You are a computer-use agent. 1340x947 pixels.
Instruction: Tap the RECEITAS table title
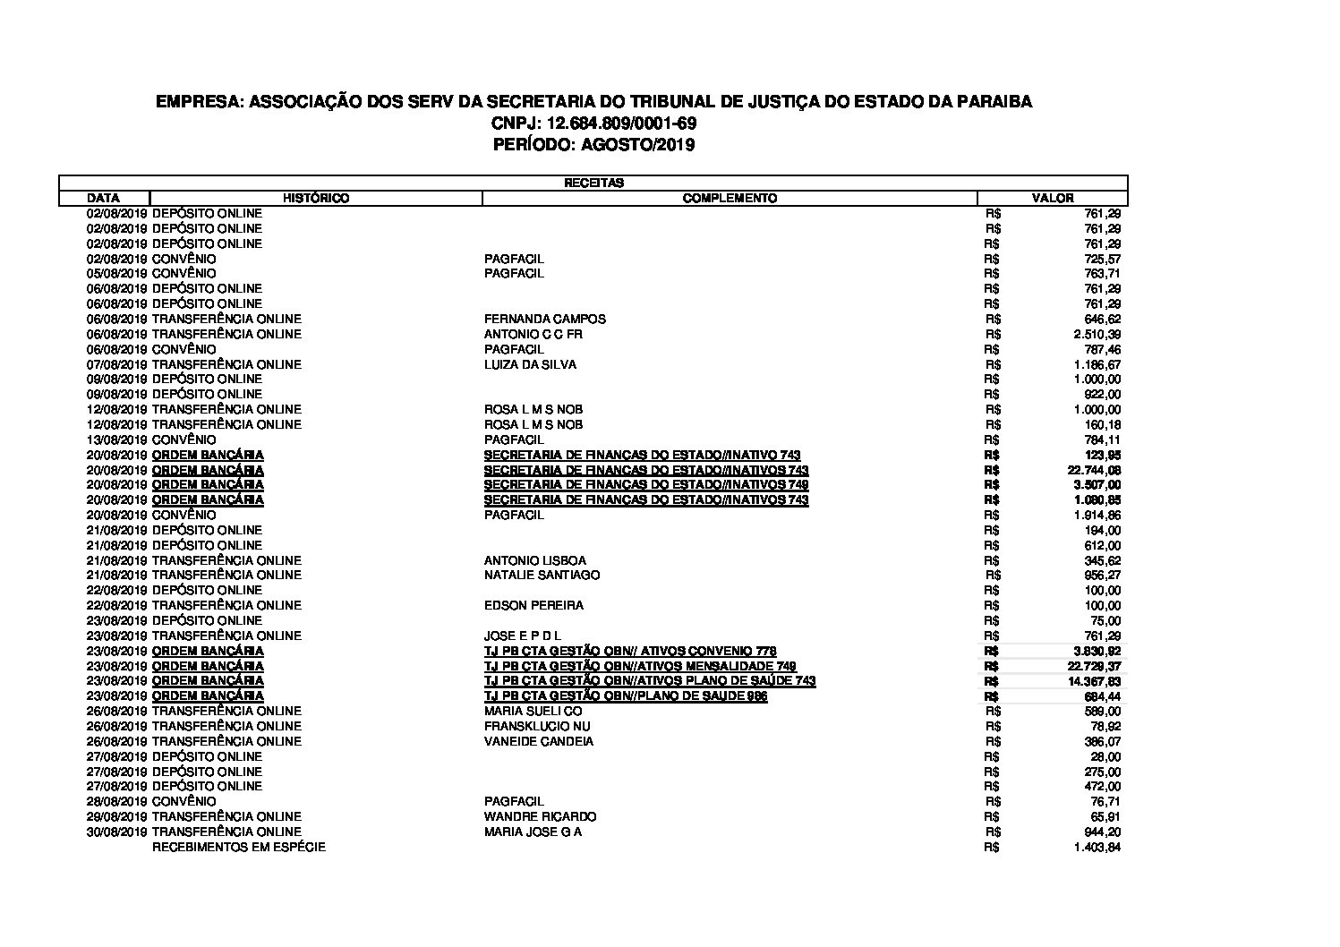click(593, 183)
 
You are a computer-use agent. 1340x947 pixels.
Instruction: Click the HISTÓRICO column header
click(316, 198)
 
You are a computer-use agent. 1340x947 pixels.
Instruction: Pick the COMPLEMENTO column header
click(730, 198)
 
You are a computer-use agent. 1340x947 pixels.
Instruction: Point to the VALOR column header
click(1053, 198)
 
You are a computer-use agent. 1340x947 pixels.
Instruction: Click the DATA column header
click(104, 198)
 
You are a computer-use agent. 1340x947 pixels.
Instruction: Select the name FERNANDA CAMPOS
click(544, 319)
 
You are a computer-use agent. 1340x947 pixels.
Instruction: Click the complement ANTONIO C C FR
click(533, 334)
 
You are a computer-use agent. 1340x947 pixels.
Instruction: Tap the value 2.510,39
click(1097, 334)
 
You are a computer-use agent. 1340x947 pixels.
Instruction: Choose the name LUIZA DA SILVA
click(530, 364)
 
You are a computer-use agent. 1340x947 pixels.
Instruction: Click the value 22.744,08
click(1094, 470)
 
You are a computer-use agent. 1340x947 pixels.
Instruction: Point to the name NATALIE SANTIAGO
click(542, 575)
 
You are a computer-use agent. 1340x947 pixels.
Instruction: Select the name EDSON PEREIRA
click(533, 605)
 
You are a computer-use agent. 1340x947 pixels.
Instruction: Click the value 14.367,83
click(1094, 681)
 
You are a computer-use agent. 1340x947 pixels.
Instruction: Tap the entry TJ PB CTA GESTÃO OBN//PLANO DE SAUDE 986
click(625, 696)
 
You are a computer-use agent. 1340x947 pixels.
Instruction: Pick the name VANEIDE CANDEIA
click(538, 741)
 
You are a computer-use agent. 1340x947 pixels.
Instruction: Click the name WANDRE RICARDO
click(540, 816)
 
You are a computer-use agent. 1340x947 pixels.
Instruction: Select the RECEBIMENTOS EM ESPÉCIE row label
click(239, 847)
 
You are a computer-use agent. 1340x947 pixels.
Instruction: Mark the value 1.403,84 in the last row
click(1097, 848)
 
